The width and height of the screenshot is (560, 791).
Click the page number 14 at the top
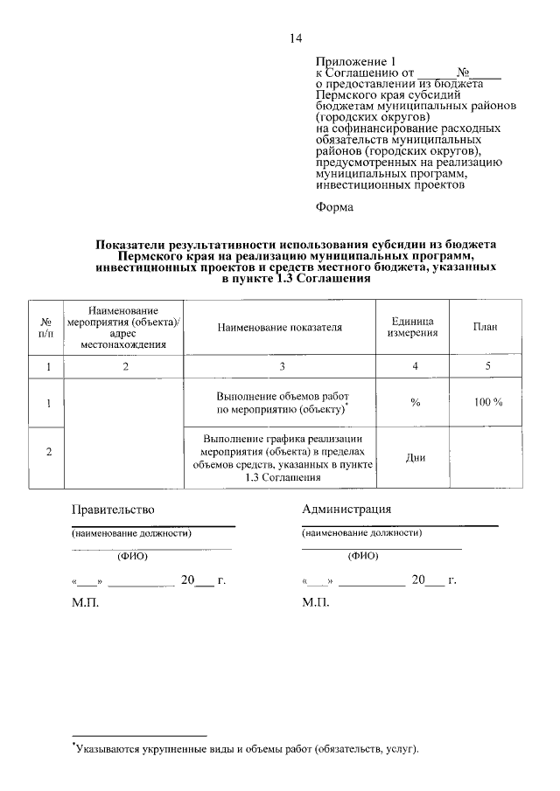coord(295,38)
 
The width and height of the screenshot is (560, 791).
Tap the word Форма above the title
coord(334,207)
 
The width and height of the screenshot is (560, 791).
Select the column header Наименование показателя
coord(280,328)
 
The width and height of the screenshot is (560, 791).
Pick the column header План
coord(486,328)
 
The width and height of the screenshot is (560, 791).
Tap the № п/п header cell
coord(47,328)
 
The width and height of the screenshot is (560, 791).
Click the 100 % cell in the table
coord(487,402)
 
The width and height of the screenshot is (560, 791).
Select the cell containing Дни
coord(416,457)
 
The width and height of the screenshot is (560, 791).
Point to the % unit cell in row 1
coord(416,402)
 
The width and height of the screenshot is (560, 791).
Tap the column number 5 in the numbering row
coord(487,367)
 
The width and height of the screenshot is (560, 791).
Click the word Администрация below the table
coord(346,510)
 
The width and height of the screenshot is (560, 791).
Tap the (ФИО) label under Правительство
coord(132,555)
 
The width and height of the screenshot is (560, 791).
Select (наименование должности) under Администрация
coord(362,532)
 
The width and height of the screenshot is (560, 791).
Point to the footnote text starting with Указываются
coord(247,749)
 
